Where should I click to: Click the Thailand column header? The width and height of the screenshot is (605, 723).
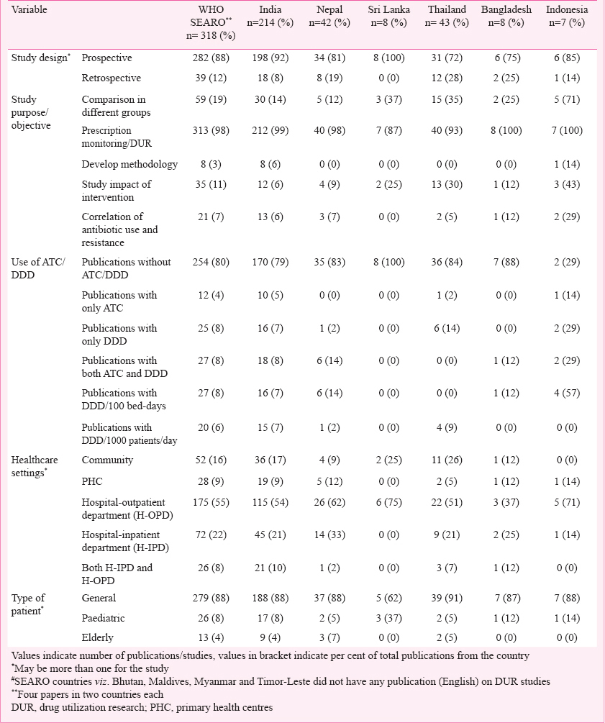tap(447, 16)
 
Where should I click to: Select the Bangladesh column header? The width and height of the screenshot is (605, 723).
tap(506, 16)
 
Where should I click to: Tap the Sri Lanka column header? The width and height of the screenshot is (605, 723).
tap(388, 16)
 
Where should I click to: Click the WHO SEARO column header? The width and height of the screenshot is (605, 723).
tap(211, 22)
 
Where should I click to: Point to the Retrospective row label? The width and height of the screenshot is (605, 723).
tap(111, 78)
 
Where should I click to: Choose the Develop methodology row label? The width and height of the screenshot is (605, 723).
tap(129, 164)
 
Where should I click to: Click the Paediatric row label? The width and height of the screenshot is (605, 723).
tap(103, 618)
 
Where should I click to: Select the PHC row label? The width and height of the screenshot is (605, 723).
tap(92, 481)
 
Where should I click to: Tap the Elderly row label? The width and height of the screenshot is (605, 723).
tap(97, 637)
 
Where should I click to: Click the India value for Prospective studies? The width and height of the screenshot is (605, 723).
tap(270, 58)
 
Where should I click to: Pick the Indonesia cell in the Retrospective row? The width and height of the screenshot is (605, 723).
tap(567, 78)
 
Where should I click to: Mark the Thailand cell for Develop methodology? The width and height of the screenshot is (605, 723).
tap(447, 164)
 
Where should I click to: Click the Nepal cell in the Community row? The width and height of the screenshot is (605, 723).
tap(329, 460)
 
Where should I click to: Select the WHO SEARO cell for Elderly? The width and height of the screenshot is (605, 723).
tap(211, 637)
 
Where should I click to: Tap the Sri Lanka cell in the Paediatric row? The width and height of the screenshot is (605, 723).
tap(388, 618)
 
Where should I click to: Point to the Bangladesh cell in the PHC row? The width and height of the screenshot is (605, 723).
tap(506, 481)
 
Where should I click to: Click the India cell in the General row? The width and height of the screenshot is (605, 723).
tap(270, 598)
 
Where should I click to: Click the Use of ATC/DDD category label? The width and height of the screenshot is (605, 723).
tap(38, 268)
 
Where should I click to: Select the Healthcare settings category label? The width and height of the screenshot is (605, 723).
tap(35, 466)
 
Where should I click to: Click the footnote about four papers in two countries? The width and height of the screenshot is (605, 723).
tap(87, 694)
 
